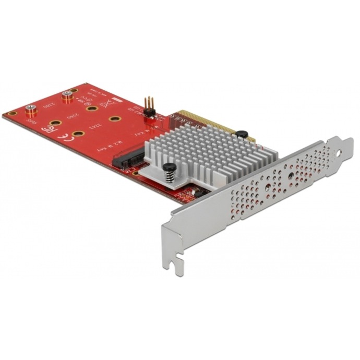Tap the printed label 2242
(94, 125)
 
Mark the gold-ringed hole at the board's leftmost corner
(10, 114)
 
